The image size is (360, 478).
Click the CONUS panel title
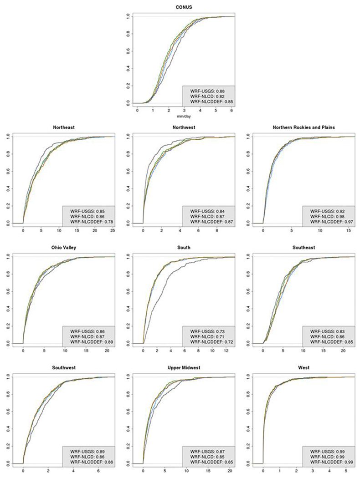(180, 7)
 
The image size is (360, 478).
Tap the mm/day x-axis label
(180, 117)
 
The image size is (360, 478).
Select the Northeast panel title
(60, 128)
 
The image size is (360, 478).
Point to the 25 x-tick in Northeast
(112, 231)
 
